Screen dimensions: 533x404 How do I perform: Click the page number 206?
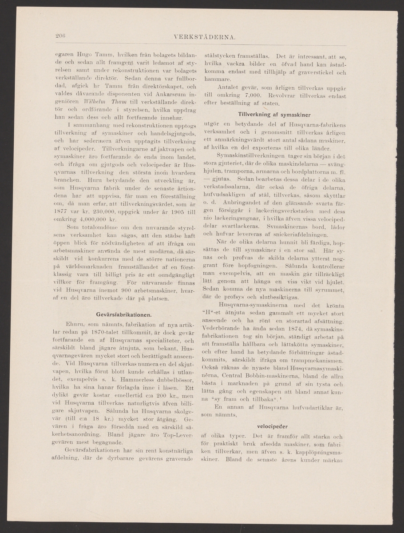point(61,36)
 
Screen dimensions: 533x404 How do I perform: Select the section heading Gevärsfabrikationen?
point(124,314)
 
